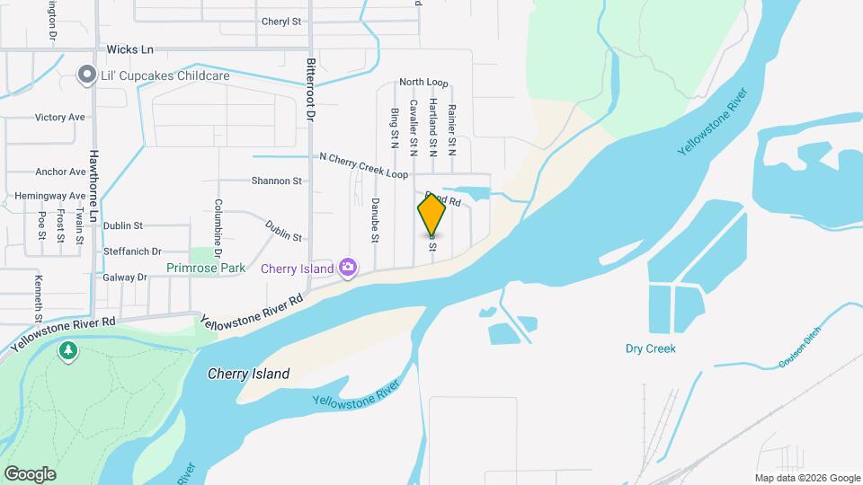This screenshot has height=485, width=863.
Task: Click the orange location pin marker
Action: coord(431,214)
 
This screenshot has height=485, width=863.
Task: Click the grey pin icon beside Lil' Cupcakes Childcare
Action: coord(87,75)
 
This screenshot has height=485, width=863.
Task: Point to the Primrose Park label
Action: coord(206,268)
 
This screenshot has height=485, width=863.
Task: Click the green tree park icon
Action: coord(68,350)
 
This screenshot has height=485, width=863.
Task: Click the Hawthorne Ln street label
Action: coord(93,181)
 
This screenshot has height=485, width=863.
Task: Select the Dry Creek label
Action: coord(650,348)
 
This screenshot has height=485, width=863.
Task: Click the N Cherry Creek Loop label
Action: coord(363,163)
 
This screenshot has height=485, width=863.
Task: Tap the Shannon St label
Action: coord(276,181)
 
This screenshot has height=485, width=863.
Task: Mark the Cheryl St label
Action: coord(280,22)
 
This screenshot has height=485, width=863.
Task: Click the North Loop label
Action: coord(423,83)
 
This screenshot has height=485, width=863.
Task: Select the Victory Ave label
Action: coord(59,118)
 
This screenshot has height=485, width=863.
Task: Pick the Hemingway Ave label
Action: coord(50,196)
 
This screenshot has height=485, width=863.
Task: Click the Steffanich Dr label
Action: coord(132,252)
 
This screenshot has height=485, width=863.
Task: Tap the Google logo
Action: coord(30,474)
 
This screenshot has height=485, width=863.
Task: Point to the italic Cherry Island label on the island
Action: coord(248,374)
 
